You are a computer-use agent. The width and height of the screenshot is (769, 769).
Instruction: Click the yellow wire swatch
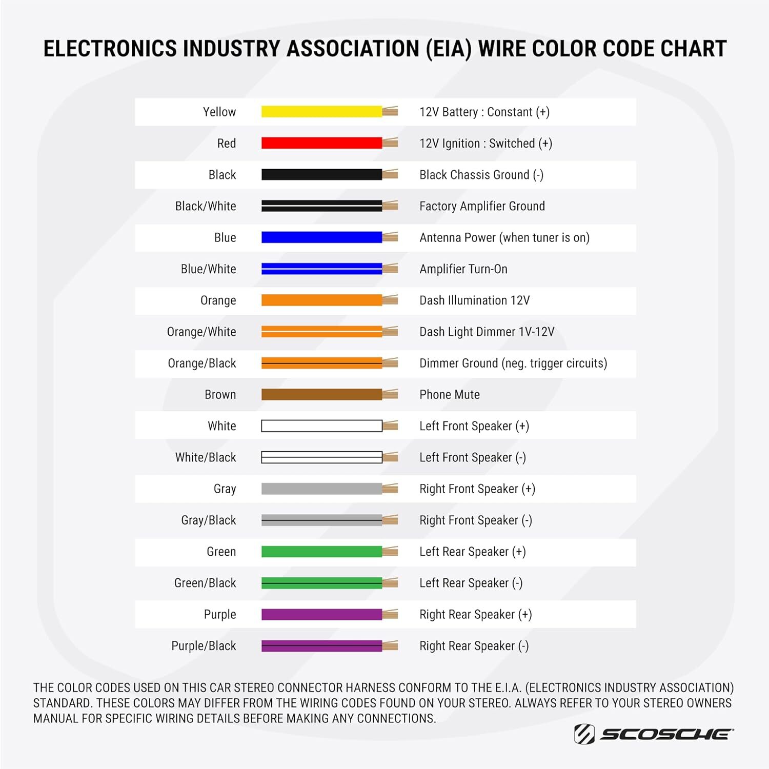(x=321, y=112)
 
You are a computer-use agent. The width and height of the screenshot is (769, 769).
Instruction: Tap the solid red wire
(x=321, y=143)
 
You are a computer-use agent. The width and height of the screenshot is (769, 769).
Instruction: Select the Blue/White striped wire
(x=321, y=269)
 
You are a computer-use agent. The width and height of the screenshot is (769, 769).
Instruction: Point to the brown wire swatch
(x=321, y=394)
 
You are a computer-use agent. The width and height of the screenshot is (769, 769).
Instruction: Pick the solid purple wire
(x=321, y=614)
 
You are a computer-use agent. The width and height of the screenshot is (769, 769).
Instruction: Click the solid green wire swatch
(x=321, y=552)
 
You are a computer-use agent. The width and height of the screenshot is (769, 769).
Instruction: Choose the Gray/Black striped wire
(x=321, y=520)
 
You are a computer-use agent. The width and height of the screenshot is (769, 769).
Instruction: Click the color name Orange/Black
(x=202, y=363)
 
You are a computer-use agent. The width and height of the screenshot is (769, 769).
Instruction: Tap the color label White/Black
(x=206, y=457)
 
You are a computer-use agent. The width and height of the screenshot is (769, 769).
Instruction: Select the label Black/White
(x=206, y=206)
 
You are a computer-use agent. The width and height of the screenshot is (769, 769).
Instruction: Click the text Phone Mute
(x=450, y=395)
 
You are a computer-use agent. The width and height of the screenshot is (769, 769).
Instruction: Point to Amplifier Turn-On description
(x=463, y=269)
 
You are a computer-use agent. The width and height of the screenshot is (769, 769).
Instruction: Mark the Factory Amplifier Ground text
(x=482, y=206)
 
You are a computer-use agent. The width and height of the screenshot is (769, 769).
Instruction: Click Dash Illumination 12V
(x=475, y=300)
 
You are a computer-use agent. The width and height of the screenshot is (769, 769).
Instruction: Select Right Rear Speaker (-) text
(x=474, y=646)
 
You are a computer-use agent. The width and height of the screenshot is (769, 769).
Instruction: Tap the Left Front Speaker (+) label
(x=474, y=426)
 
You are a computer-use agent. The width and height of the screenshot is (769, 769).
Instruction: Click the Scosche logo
(x=654, y=734)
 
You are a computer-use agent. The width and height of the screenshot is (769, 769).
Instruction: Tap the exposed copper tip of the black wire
(x=390, y=175)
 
